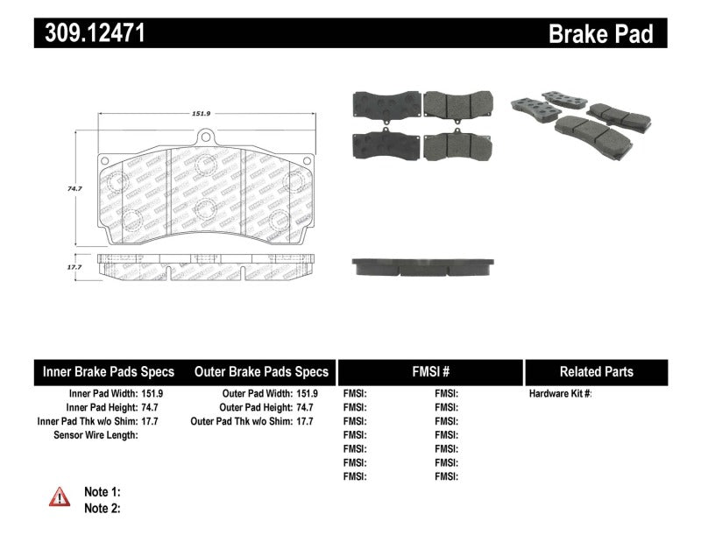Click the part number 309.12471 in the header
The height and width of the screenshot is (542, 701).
(x=89, y=33)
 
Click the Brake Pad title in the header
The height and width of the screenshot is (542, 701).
(x=600, y=33)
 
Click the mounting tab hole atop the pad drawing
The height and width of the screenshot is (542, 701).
(x=205, y=136)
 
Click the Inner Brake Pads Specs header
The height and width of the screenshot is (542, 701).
(x=109, y=372)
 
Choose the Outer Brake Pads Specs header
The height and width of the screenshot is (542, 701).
(x=261, y=372)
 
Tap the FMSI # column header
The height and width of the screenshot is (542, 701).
(x=430, y=372)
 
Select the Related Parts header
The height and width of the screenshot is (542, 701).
(x=596, y=372)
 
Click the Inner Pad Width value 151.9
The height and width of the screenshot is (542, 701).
(x=152, y=394)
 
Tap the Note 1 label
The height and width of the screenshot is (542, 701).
(x=102, y=492)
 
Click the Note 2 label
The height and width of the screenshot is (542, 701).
(x=102, y=508)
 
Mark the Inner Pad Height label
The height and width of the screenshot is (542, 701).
(x=102, y=407)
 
